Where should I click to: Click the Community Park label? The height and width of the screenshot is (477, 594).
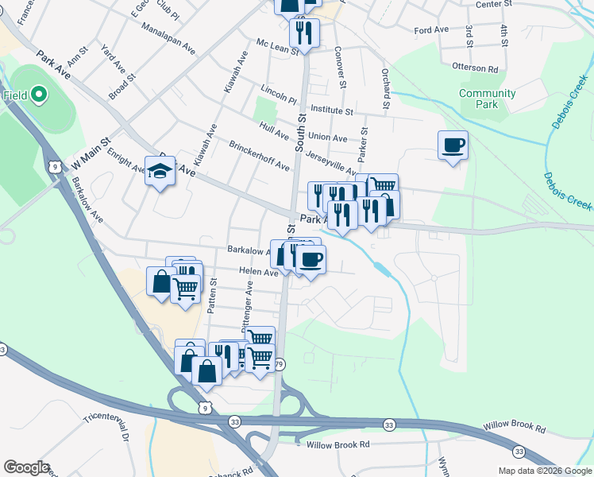click(487, 99)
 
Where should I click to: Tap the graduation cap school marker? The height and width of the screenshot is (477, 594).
click(160, 171)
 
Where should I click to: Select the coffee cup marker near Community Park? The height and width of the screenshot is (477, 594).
click(453, 145)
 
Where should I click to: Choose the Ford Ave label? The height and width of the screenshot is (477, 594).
click(431, 29)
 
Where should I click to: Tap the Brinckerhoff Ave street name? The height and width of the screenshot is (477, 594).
click(259, 156)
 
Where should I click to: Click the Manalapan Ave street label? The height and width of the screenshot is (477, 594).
click(168, 37)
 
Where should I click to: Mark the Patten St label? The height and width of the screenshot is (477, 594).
click(210, 297)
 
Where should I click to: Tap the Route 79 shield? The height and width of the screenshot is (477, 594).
click(279, 364)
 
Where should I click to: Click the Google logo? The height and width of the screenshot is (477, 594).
click(26, 467)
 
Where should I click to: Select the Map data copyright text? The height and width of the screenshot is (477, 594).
click(545, 471)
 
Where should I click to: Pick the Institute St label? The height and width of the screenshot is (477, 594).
click(331, 109)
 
